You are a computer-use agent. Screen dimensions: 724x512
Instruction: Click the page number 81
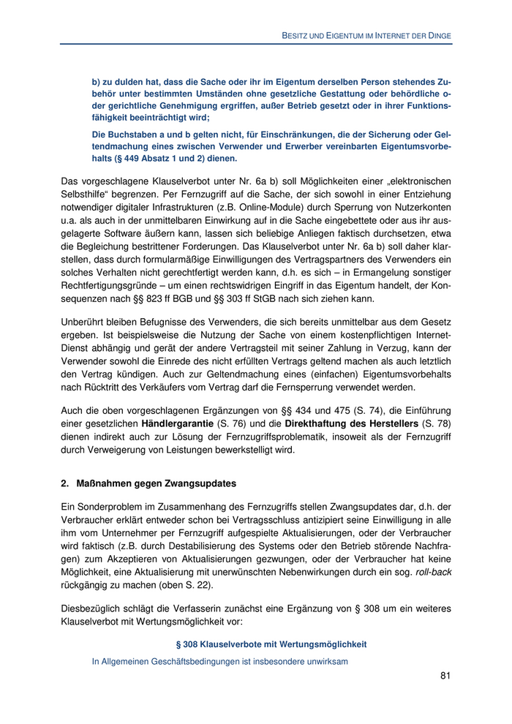(445, 675)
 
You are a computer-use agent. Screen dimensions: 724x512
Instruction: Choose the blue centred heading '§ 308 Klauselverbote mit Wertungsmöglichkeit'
(271, 644)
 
